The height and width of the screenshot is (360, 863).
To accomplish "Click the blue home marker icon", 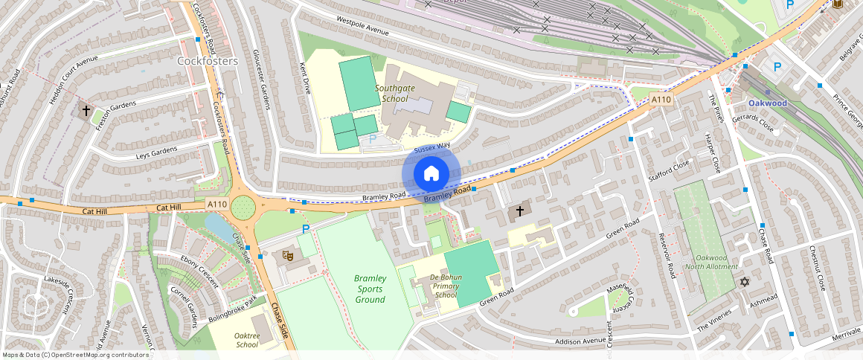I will (431, 174).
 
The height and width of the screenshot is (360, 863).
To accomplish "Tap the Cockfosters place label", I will (208, 60).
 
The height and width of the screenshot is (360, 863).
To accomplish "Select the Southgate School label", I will (405, 93).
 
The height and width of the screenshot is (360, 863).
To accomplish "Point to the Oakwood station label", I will (767, 103).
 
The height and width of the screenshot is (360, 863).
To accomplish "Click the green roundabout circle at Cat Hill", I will (243, 208).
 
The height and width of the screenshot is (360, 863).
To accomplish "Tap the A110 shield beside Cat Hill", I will (216, 204).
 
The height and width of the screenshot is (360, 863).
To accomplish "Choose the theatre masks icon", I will (287, 256).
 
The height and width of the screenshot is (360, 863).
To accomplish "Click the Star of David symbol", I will (744, 282).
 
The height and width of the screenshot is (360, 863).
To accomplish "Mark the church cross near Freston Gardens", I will (86, 111).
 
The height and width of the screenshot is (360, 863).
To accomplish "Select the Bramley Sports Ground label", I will (370, 289).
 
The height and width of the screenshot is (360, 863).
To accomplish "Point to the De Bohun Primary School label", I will (446, 286).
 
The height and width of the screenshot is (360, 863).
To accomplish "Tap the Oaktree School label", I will (247, 340).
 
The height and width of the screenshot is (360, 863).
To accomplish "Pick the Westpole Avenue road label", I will (362, 26).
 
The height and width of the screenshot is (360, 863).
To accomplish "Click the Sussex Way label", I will (431, 149).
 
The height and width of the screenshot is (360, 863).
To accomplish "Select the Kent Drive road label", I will (305, 78).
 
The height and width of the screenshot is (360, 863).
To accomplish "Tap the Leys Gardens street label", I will (156, 152).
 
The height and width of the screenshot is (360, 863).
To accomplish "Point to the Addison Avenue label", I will (577, 341).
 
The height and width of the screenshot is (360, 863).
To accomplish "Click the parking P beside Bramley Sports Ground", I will (305, 229).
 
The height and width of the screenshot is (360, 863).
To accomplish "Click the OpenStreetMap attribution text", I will (75, 355).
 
